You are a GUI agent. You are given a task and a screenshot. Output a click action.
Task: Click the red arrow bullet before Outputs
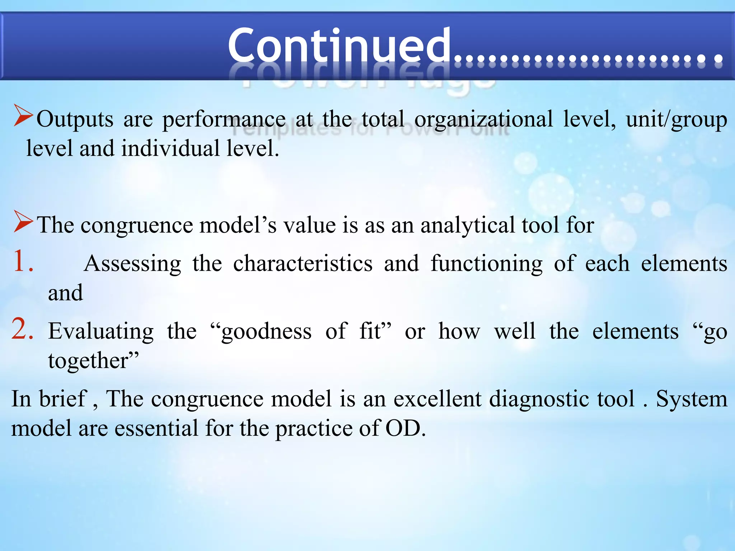pos(23,115)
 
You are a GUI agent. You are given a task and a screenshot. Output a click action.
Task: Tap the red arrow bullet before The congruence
pos(23,221)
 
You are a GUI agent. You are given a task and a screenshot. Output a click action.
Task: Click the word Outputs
pos(75,119)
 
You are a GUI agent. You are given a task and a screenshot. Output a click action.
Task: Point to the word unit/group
pos(677,119)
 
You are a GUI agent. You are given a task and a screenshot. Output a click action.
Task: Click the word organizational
pos(483,119)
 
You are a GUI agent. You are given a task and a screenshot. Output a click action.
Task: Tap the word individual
pos(170,149)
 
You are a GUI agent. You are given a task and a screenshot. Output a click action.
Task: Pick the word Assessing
pos(133,264)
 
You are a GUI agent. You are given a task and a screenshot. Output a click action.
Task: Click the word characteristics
pos(303,263)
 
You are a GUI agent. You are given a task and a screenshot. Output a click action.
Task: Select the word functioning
pos(487,264)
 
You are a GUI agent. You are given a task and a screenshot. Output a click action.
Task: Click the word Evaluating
pos(101,331)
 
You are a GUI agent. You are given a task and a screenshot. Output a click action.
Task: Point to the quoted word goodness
pos(266,331)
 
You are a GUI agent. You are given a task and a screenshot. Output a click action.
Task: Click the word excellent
pos(437,399)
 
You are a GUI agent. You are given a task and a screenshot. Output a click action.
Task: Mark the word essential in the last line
pos(156,428)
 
